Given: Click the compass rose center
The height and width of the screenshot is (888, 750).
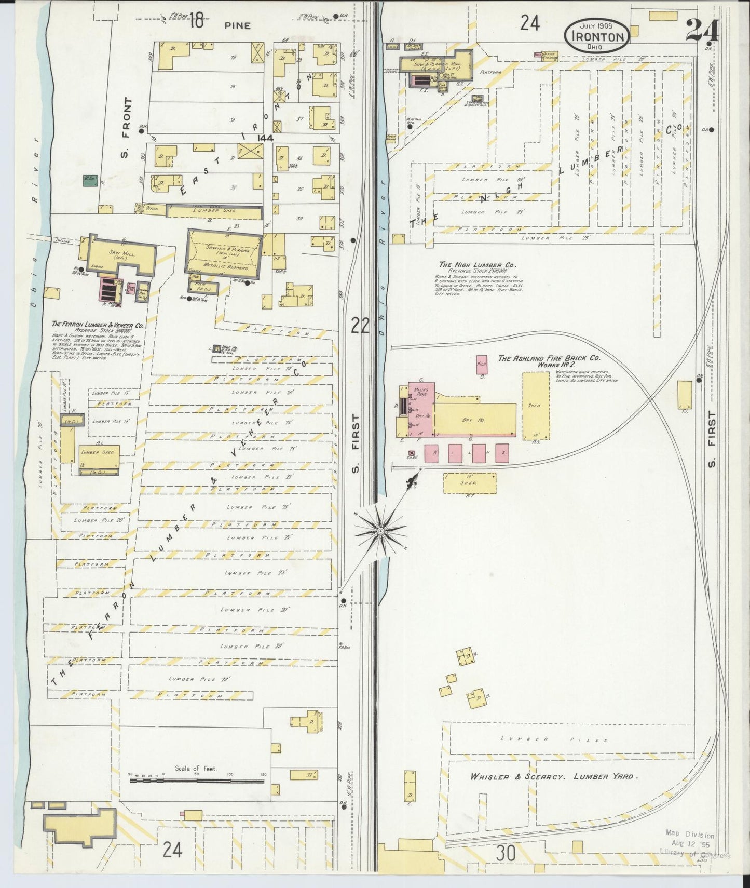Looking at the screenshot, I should point(380,531).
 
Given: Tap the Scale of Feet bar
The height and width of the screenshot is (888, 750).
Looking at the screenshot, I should point(197,781).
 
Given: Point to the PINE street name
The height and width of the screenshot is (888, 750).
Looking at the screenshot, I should point(238,25).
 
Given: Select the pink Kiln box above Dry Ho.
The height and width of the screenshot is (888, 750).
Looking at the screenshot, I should point(481,365).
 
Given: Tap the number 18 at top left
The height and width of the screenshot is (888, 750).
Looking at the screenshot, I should point(195,21).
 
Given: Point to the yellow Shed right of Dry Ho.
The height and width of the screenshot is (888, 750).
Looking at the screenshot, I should point(536,406).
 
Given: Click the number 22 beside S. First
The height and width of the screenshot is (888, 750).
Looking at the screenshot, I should point(359,326).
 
